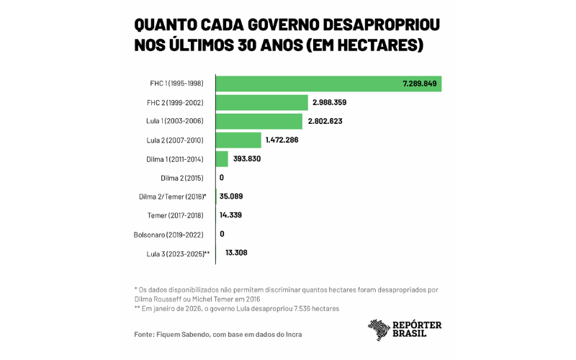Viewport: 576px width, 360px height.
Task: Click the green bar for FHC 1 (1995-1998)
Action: (310, 84)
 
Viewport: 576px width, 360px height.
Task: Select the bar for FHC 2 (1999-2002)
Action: (262, 102)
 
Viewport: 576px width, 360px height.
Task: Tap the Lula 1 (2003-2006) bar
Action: (259, 121)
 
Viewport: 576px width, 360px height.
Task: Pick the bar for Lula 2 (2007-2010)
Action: (238, 140)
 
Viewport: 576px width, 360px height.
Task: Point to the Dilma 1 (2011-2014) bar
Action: (222, 158)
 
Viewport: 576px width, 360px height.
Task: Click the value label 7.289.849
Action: (420, 84)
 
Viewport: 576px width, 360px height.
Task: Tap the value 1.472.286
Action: (283, 140)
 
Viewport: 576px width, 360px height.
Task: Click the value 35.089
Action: (232, 196)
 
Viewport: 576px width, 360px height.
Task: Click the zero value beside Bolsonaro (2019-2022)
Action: (222, 234)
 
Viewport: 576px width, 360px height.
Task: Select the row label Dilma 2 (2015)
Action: (183, 177)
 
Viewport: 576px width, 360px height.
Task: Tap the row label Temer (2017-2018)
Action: (176, 215)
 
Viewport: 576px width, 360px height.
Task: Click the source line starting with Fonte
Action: (217, 334)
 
